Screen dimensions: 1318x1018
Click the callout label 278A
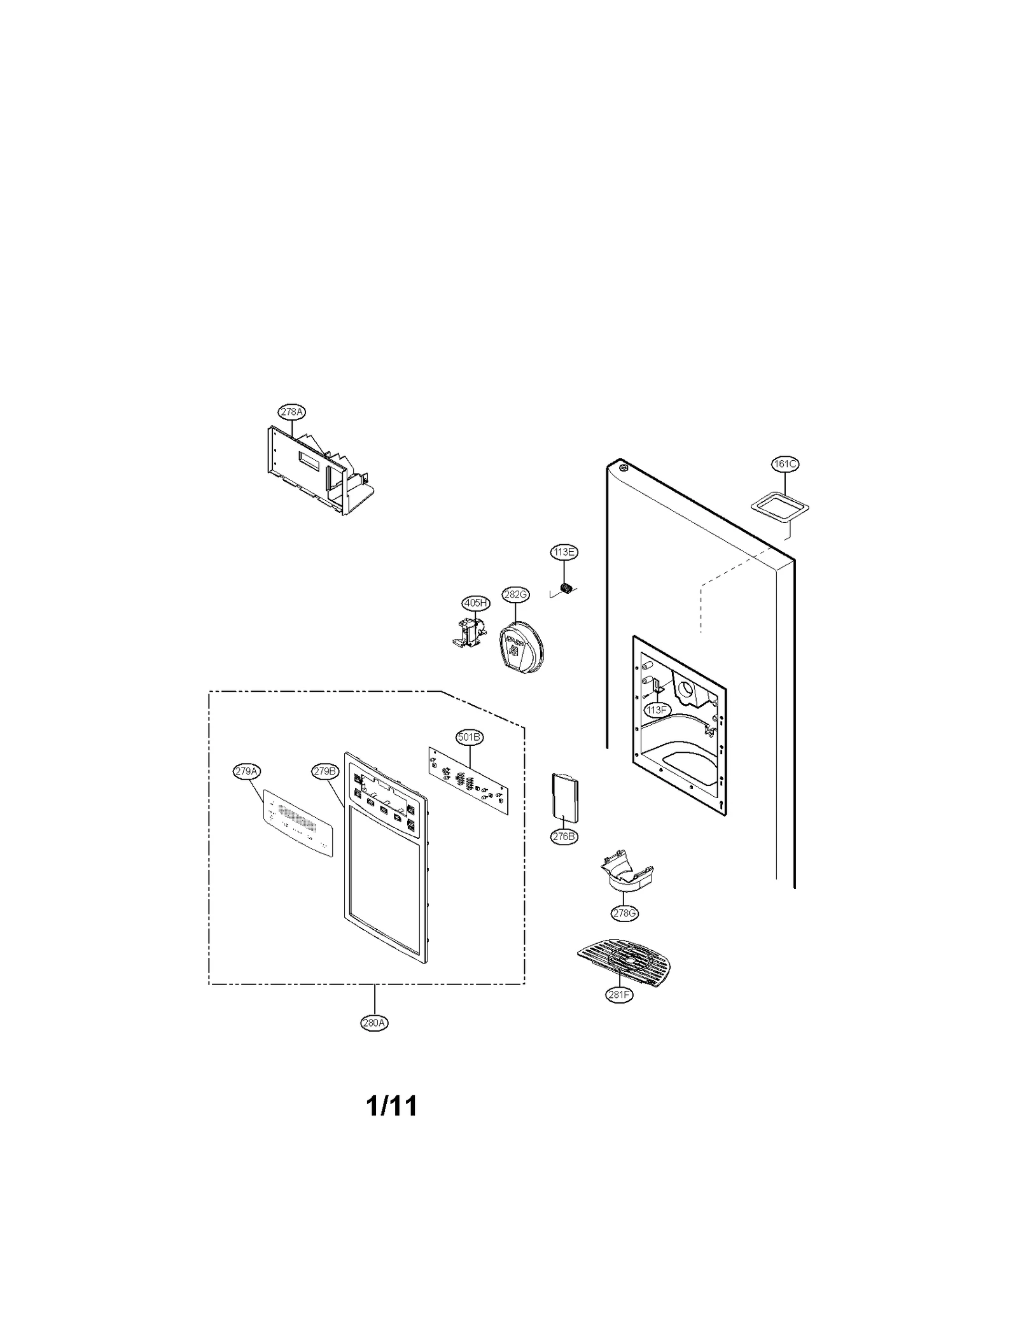point(291,412)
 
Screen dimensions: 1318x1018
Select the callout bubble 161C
point(784,464)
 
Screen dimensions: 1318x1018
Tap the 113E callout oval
point(564,552)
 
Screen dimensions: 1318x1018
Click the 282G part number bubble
point(515,594)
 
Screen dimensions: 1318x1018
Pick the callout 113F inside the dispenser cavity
point(656,709)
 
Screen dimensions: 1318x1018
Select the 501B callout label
point(470,737)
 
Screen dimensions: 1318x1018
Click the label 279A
point(246,771)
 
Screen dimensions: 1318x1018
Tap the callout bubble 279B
point(324,771)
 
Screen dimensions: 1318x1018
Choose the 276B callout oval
point(564,837)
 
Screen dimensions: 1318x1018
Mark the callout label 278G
point(624,913)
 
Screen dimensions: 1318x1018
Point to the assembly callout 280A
point(374,1023)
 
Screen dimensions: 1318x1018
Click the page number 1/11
point(392,1106)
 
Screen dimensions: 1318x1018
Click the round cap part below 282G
point(522,648)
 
